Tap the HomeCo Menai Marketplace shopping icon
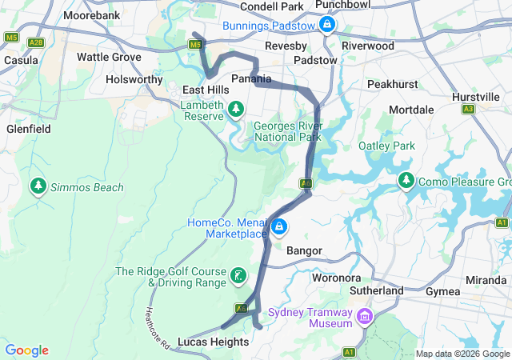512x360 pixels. [x=278, y=228]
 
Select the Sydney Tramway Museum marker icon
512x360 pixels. [x=365, y=318]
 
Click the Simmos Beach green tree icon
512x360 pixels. [x=38, y=186]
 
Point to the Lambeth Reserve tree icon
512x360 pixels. [x=236, y=109]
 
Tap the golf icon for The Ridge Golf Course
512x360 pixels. [x=238, y=277]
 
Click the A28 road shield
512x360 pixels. [x=35, y=42]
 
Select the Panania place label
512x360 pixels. [x=251, y=79]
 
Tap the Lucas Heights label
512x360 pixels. [x=214, y=342]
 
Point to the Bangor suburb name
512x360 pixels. [x=304, y=251]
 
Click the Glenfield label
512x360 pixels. [x=29, y=129]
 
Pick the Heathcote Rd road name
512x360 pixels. [x=158, y=328]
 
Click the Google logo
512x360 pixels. [x=27, y=350]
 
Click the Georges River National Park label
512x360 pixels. [x=288, y=132]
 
